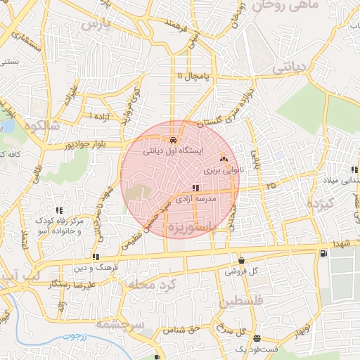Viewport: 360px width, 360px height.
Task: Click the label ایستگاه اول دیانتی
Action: tap(172, 150)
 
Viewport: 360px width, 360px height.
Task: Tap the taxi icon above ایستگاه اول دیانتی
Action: tap(173, 140)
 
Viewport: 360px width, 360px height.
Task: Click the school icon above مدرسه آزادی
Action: tap(195, 188)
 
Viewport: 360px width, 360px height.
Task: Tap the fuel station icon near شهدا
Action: tap(323, 253)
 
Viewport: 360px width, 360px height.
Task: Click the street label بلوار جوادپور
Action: tap(88, 144)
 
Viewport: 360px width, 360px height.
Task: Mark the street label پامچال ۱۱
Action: tap(193, 75)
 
